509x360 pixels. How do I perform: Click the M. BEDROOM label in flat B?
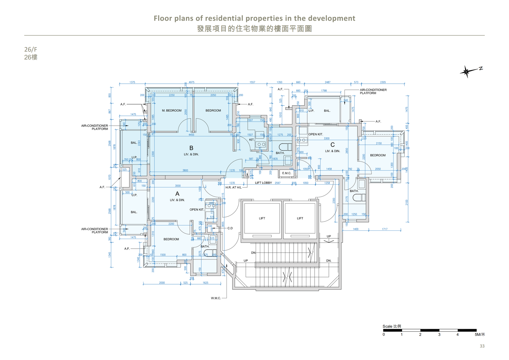[171, 110]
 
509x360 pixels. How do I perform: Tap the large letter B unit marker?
[191, 148]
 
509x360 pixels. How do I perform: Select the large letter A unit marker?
[177, 194]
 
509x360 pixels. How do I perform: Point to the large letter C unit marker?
[332, 145]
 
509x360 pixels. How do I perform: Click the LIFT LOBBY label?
[263, 183]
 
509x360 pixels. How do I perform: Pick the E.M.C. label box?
[287, 173]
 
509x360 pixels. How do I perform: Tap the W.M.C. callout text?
[216, 298]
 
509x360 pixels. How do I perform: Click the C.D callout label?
[230, 228]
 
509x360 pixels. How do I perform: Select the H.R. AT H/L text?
[234, 187]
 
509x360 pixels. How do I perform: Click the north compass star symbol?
[466, 72]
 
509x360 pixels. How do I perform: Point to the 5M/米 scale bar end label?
[480, 335]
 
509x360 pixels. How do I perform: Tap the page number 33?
[482, 346]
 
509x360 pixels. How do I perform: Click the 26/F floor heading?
[31, 49]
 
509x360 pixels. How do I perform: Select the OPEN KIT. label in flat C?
[316, 134]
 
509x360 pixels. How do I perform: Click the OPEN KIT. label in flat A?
[197, 209]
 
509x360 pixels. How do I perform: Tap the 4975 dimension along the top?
[192, 82]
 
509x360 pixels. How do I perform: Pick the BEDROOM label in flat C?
[378, 155]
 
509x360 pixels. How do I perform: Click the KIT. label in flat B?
[252, 140]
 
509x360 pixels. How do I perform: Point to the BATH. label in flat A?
[205, 246]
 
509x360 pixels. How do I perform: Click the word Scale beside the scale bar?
[387, 326]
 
